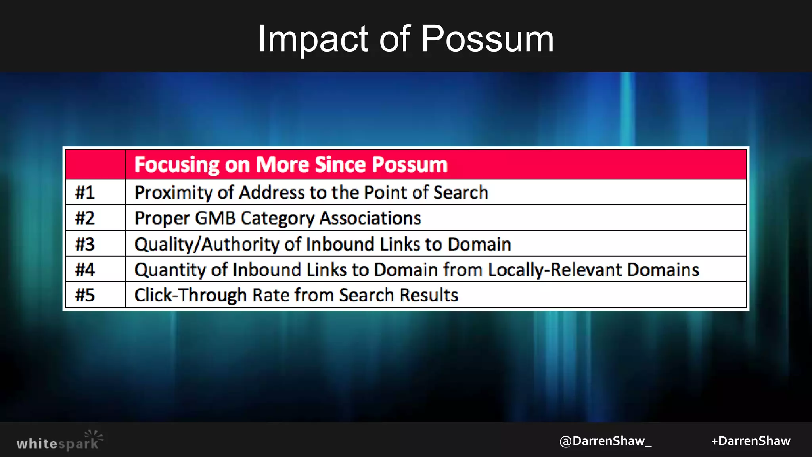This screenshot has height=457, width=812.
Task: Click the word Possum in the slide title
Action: click(x=487, y=39)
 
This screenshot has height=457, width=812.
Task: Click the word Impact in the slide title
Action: click(x=313, y=39)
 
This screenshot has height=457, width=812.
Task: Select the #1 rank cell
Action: click(x=85, y=193)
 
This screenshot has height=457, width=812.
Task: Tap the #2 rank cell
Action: click(x=85, y=218)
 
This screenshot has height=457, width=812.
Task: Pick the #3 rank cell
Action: click(x=85, y=244)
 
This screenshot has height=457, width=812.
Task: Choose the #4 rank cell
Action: click(x=85, y=270)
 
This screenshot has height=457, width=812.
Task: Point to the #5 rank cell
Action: click(x=85, y=295)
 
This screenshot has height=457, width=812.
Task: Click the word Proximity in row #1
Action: click(x=173, y=193)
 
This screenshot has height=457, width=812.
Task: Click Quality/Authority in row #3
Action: click(x=207, y=244)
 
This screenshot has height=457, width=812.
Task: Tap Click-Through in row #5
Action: click(x=191, y=295)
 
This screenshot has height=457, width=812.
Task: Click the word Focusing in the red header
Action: click(x=176, y=165)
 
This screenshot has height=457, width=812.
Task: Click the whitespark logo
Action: click(x=59, y=442)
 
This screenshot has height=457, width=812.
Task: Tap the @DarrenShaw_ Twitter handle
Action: click(x=605, y=441)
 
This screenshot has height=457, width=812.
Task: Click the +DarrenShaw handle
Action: click(x=751, y=441)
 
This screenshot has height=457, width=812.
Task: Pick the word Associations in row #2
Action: click(x=370, y=218)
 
